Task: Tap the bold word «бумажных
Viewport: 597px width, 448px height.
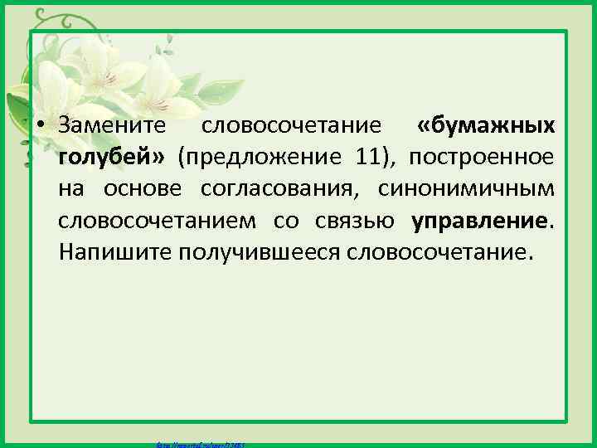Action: (486, 126)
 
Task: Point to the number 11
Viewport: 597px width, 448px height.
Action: (368, 158)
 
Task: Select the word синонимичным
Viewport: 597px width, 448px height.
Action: (466, 189)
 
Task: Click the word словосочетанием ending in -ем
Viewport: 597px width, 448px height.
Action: (158, 221)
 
